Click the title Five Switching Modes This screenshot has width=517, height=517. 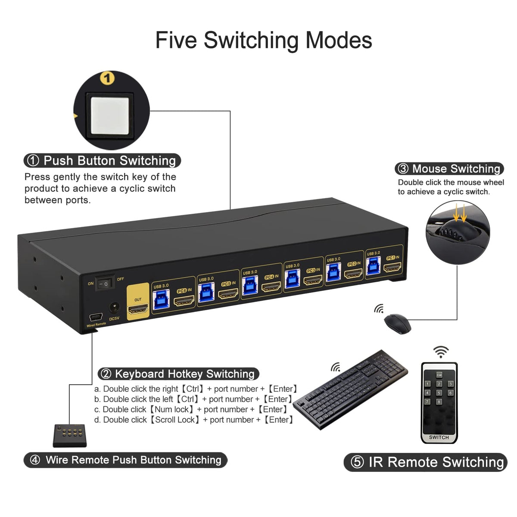click(263, 40)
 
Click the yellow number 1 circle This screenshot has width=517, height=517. click(107, 78)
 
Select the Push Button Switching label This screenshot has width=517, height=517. click(102, 161)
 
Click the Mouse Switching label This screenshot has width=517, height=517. click(449, 168)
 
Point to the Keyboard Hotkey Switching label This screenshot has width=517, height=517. click(178, 374)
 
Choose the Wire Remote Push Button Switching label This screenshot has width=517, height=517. click(125, 460)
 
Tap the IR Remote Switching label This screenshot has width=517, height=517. click(426, 462)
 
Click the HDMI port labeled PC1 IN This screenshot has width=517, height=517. click(392, 268)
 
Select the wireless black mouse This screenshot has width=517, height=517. click(397, 323)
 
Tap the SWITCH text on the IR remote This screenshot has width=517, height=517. click(439, 437)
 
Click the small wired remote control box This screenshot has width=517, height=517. click(70, 435)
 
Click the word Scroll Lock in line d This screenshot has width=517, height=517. click(174, 420)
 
